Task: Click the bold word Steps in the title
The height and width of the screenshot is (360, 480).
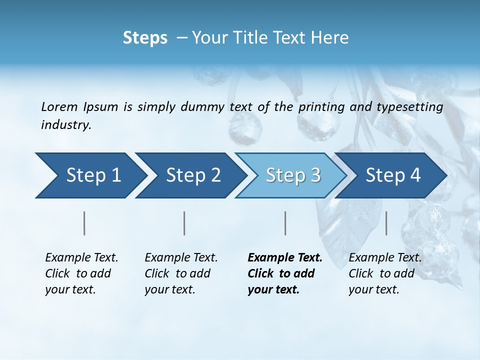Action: [145, 38]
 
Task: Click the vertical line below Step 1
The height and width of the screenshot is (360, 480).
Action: [84, 223]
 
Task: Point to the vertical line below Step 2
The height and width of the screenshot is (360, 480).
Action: [184, 223]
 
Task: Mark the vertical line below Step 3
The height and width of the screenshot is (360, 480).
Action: [285, 223]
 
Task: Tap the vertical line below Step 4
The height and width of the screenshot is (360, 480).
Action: [386, 223]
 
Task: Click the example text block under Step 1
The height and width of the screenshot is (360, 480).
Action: [81, 273]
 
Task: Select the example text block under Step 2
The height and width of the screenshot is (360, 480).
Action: [181, 273]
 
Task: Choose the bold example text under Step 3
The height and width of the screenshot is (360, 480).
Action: [285, 273]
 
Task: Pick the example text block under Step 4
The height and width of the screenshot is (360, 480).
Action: [385, 273]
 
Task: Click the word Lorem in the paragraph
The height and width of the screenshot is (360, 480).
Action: [59, 107]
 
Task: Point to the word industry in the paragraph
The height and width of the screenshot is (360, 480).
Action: [66, 125]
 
